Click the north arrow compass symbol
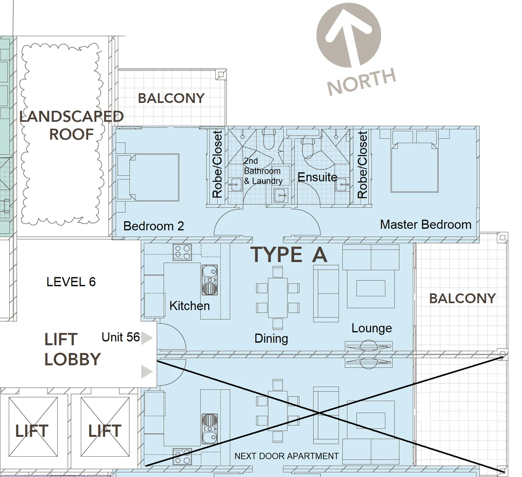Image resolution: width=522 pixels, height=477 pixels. click(x=349, y=35)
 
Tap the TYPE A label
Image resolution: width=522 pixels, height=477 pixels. click(x=289, y=255)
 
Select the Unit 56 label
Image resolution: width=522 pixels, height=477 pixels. click(x=120, y=337)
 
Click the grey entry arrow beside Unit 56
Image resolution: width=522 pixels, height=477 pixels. click(x=146, y=338)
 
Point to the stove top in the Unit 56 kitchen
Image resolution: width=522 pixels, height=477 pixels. click(x=182, y=252)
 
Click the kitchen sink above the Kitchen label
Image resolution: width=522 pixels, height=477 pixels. click(x=210, y=280)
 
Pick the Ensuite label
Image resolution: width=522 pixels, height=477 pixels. click(x=317, y=177)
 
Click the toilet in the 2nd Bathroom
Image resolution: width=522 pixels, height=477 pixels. click(x=268, y=140)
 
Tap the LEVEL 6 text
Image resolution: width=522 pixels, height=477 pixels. click(x=71, y=282)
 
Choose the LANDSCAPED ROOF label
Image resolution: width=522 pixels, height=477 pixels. click(x=71, y=125)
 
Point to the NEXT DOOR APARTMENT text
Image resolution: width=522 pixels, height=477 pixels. click(x=286, y=456)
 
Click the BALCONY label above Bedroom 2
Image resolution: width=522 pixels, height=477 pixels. click(x=171, y=98)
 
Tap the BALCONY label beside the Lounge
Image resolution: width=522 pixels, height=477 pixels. click(x=462, y=298)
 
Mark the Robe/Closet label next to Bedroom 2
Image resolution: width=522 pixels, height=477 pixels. click(x=217, y=164)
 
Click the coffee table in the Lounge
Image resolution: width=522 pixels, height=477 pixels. click(x=371, y=288)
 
